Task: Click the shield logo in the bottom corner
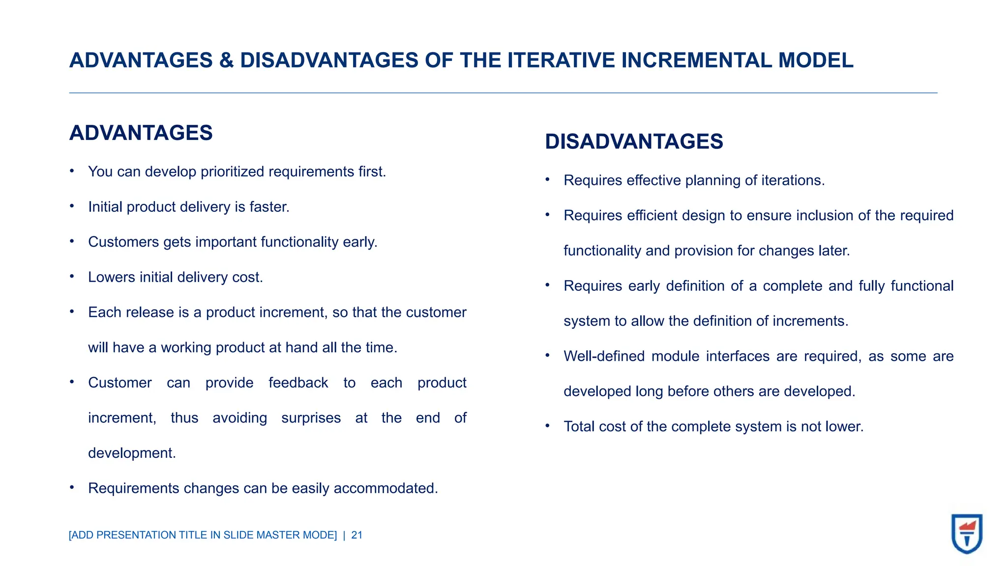967,534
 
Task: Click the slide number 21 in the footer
356,535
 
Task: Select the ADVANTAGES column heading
141,133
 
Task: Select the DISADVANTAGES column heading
634,141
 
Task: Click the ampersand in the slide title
226,60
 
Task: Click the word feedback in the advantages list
298,383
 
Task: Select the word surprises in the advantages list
311,418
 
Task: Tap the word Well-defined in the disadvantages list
604,356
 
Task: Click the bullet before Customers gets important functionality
72,241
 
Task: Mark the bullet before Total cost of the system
547,426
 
